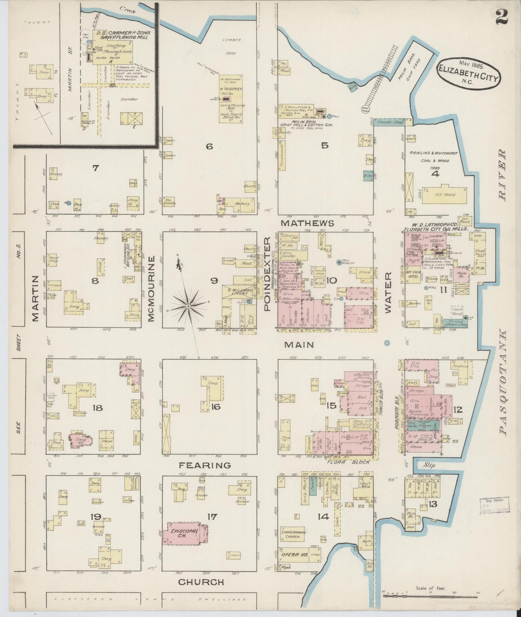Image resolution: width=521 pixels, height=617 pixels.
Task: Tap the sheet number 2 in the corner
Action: (x=502, y=16)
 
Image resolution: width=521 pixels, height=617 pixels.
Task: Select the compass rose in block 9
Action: (x=188, y=306)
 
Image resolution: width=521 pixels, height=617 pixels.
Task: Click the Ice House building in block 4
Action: (x=444, y=195)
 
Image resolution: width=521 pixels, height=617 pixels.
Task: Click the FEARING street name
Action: (x=205, y=465)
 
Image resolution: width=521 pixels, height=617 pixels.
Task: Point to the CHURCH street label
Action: (x=201, y=582)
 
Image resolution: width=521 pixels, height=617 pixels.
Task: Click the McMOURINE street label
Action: (x=151, y=288)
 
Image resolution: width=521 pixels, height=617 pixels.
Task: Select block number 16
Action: (x=215, y=407)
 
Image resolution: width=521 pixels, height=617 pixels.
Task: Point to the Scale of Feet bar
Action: (x=431, y=596)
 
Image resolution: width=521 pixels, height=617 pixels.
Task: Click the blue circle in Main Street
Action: (x=387, y=343)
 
